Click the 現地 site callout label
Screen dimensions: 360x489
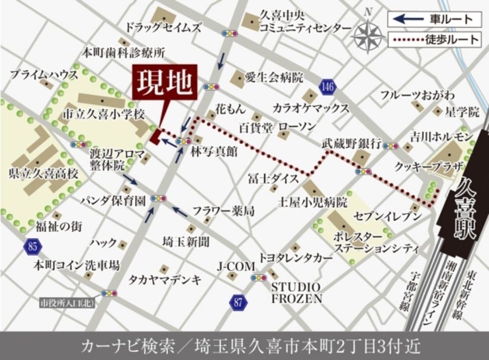click(164, 83)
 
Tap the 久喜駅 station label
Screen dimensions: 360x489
click(467, 209)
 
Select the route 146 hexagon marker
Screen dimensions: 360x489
click(327, 86)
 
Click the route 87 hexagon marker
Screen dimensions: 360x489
click(237, 303)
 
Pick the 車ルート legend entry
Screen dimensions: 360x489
click(434, 20)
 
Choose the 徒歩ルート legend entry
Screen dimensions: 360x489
click(434, 40)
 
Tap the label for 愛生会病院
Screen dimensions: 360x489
click(274, 78)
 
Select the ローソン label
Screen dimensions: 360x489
click(297, 127)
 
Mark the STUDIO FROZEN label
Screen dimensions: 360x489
click(297, 293)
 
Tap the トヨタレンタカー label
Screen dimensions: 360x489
click(296, 258)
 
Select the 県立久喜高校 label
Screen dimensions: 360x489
click(44, 175)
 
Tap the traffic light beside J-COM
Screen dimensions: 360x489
click(259, 278)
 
